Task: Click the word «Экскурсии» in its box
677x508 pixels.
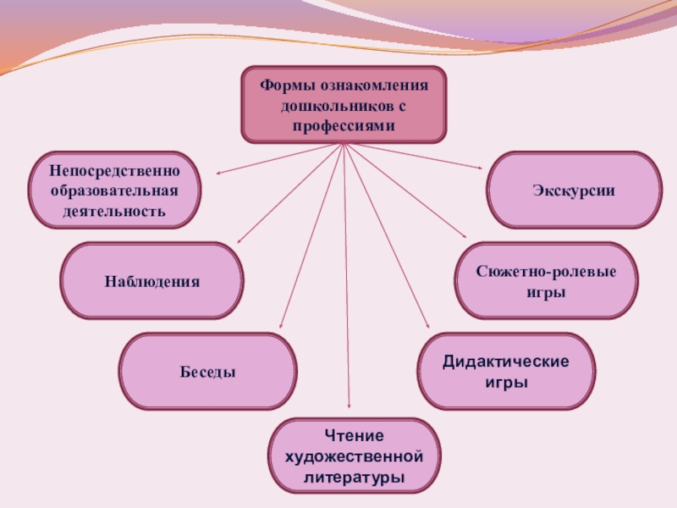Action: click(574, 191)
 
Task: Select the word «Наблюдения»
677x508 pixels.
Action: click(152, 281)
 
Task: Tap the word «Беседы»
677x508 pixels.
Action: click(207, 372)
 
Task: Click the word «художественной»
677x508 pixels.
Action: click(355, 457)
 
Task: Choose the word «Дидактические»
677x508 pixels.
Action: click(506, 362)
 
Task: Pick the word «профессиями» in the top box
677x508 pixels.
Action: click(344, 126)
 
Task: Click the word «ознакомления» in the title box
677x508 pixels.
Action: click(374, 87)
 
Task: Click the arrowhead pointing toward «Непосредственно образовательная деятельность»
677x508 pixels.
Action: click(218, 174)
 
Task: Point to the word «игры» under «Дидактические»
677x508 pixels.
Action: click(506, 383)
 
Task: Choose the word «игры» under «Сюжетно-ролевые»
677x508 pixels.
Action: click(546, 292)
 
